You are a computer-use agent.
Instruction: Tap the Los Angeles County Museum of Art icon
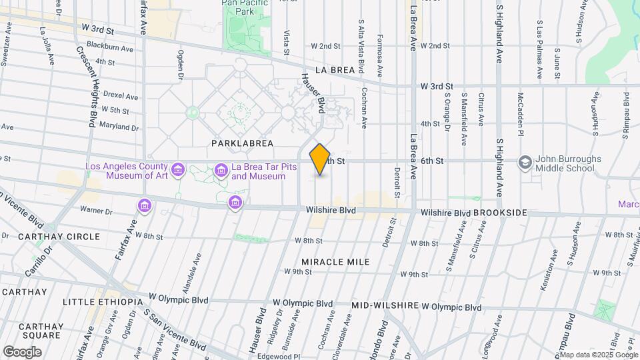click(177, 171)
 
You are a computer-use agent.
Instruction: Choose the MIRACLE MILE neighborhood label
click(335, 262)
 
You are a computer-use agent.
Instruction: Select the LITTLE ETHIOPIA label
click(102, 302)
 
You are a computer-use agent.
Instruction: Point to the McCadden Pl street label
click(520, 110)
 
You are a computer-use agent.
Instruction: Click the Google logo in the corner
click(22, 351)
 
